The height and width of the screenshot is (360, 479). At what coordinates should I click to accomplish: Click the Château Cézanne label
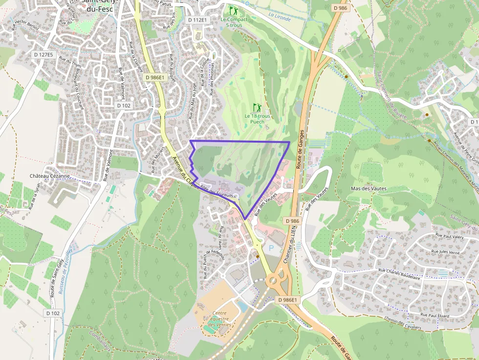pos(50,176)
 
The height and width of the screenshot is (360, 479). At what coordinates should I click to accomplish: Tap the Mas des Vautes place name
pos(369,189)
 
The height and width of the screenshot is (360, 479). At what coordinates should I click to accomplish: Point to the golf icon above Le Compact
pos(234,10)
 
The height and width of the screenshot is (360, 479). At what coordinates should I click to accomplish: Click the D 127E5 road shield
pos(44,55)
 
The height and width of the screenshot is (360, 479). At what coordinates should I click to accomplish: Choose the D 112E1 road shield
pos(197,20)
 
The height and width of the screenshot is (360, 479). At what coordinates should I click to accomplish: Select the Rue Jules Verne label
pos(445,252)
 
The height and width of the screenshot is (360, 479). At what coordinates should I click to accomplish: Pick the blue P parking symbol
pos(271,248)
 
